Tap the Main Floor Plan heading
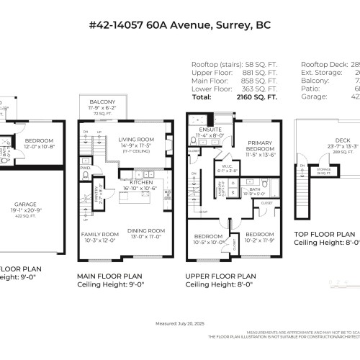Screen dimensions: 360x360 pos(110,276)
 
